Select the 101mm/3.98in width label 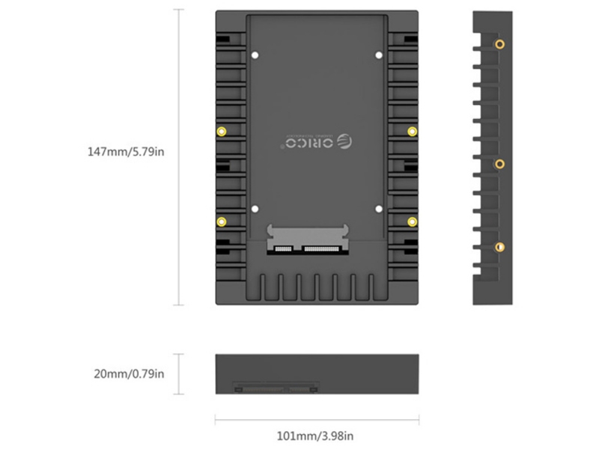click(x=316, y=436)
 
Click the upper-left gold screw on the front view click(x=221, y=132)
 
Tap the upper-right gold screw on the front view click(x=411, y=132)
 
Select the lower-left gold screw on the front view click(x=221, y=221)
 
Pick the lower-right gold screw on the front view click(x=411, y=221)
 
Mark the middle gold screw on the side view click(x=499, y=163)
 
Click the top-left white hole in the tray click(x=255, y=55)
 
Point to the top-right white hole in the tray click(x=378, y=55)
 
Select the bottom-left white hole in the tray click(x=255, y=210)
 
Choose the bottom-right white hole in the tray click(x=378, y=210)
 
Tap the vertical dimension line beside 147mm click(x=178, y=157)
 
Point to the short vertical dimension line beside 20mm click(x=178, y=373)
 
